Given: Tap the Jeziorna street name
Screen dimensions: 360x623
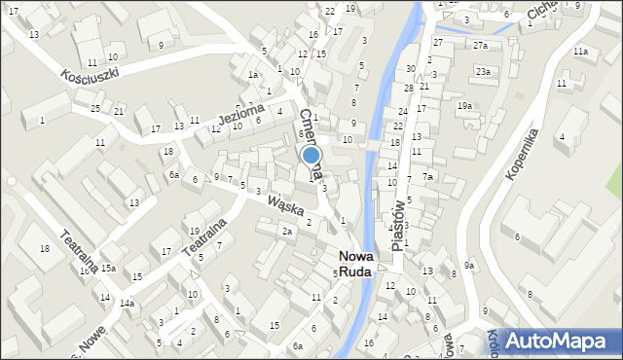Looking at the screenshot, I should point(240,116).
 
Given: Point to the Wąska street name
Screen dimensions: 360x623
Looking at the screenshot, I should point(286,204).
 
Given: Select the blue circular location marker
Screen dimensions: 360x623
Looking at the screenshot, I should point(311,154).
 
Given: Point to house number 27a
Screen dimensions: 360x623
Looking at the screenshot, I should point(480,45).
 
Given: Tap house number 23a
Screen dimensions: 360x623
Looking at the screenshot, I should point(483,71).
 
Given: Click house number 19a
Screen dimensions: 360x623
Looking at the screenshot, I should point(465,105).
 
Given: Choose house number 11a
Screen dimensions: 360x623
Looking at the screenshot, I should point(580,51).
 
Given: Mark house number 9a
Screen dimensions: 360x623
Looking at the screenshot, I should point(469,265).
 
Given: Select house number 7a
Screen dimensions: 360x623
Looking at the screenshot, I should point(428,176).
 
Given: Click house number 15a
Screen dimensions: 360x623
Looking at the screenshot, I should point(108,268).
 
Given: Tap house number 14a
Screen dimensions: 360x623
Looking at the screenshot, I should point(127,303).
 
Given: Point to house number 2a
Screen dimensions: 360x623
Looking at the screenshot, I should point(286,231).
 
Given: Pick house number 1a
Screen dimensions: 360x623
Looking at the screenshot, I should point(252,74).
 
